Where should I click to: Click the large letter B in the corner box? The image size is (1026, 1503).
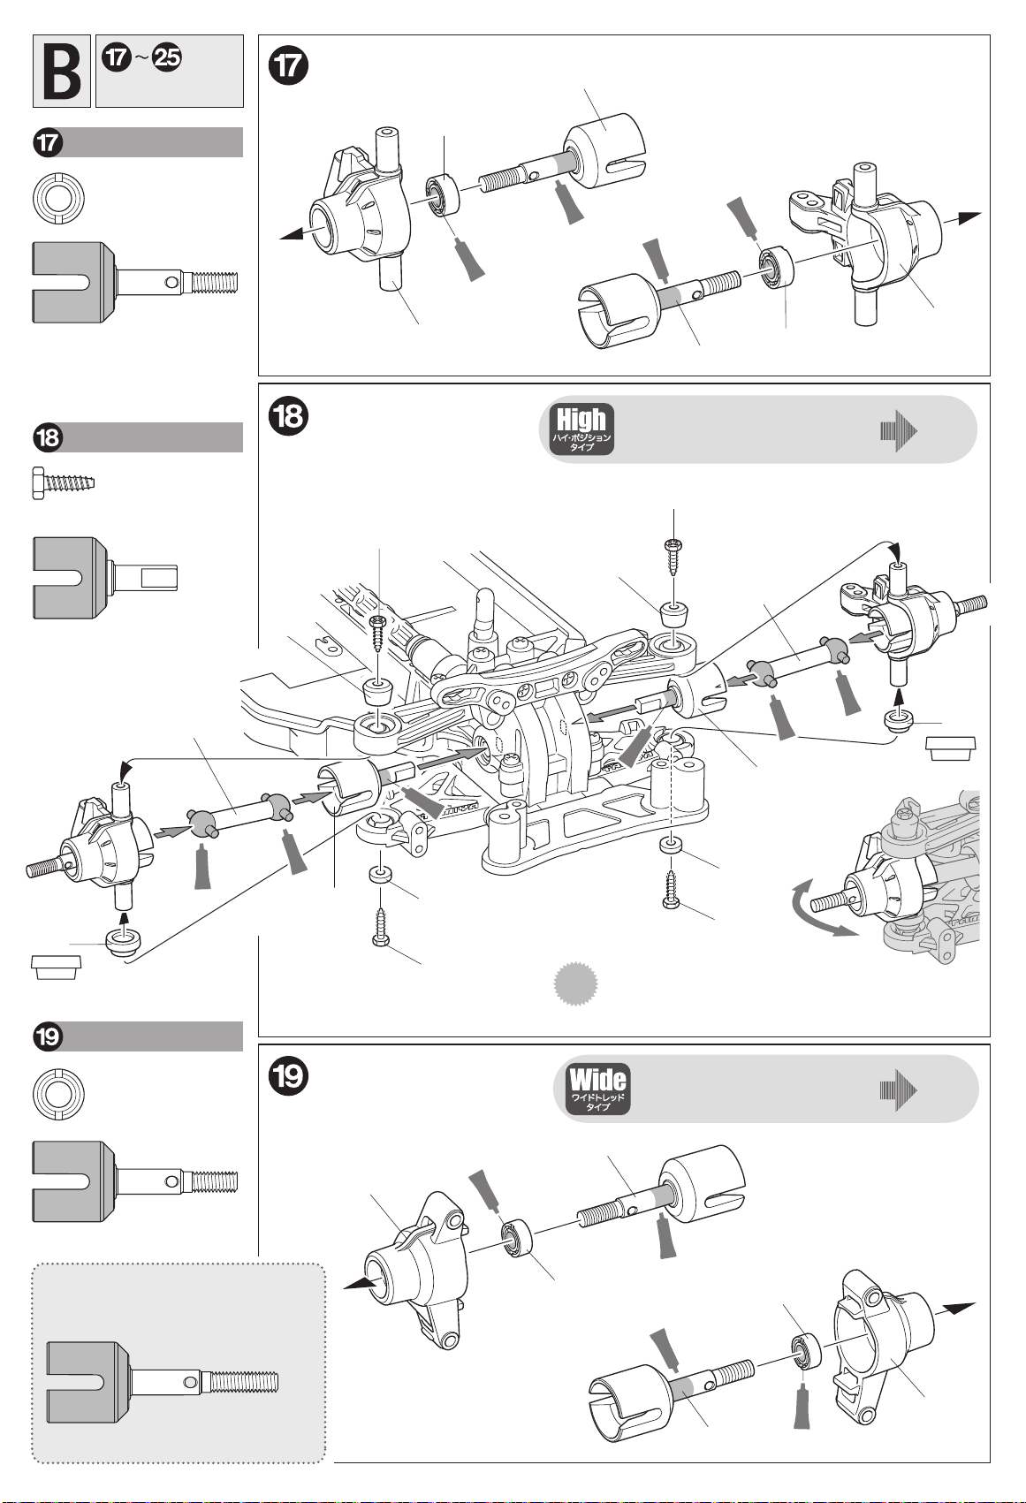point(62,71)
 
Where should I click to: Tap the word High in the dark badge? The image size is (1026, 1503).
point(581,420)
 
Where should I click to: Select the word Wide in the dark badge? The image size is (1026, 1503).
point(597,1081)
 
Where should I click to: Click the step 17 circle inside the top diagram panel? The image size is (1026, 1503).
point(289,65)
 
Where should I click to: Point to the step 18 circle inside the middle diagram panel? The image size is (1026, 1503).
point(289,415)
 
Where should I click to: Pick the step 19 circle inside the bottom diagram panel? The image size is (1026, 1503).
point(289,1076)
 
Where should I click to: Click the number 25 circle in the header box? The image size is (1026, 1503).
point(167,57)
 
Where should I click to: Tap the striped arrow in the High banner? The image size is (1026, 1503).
point(899,431)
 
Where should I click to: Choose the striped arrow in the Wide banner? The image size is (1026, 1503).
point(899,1090)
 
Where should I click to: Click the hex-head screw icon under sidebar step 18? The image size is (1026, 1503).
point(63,483)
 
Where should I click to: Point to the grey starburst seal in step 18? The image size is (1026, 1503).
point(575,984)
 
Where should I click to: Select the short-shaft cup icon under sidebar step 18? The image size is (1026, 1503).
point(105,578)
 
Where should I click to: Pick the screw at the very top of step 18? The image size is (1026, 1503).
point(673,557)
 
